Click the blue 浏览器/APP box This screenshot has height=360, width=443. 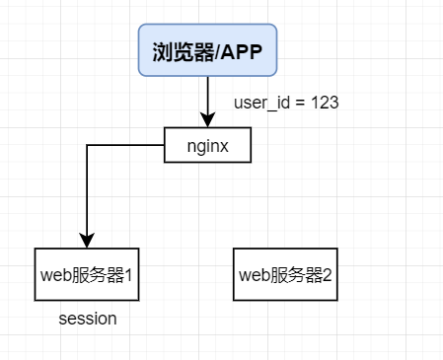click(207, 50)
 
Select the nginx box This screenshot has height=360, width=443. click(207, 145)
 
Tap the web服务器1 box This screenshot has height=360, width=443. click(87, 274)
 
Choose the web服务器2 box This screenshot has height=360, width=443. click(285, 274)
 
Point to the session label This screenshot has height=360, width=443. click(88, 319)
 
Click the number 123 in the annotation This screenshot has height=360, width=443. click(325, 103)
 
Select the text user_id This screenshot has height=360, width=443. click(261, 103)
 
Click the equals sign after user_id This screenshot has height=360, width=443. click(300, 103)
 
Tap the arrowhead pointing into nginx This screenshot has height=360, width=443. click(208, 119)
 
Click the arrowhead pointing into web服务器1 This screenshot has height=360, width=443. click(87, 241)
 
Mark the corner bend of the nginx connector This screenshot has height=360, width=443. click(87, 145)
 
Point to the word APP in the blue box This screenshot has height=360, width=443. click(242, 52)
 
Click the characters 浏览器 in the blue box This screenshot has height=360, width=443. click(184, 52)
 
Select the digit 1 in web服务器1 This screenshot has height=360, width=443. click(128, 275)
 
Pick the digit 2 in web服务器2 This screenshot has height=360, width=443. click(328, 275)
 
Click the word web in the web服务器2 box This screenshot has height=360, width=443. click(254, 275)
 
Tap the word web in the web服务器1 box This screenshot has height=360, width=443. click(55, 275)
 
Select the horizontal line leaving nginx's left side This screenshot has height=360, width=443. click(125, 145)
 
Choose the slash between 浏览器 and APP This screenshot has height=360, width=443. click(217, 52)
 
